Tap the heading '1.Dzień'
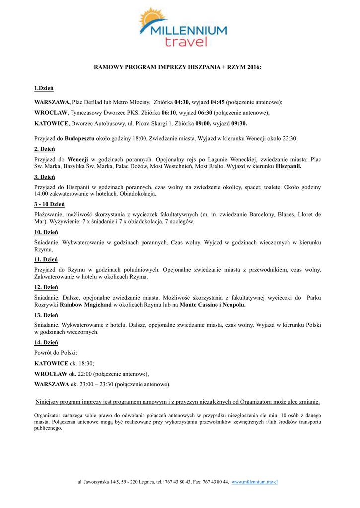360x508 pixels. click(44, 88)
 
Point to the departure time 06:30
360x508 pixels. click(206, 113)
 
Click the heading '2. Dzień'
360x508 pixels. click(44, 149)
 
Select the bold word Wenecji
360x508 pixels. click(78, 159)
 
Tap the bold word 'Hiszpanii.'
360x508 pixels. click(288, 166)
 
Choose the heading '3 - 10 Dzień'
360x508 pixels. click(49, 204)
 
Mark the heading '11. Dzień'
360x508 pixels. click(46, 259)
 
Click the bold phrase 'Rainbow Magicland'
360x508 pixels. click(86, 305)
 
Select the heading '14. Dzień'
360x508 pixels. click(46, 342)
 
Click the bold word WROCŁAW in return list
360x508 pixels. click(51, 374)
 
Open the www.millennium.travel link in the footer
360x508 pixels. click(254, 482)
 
